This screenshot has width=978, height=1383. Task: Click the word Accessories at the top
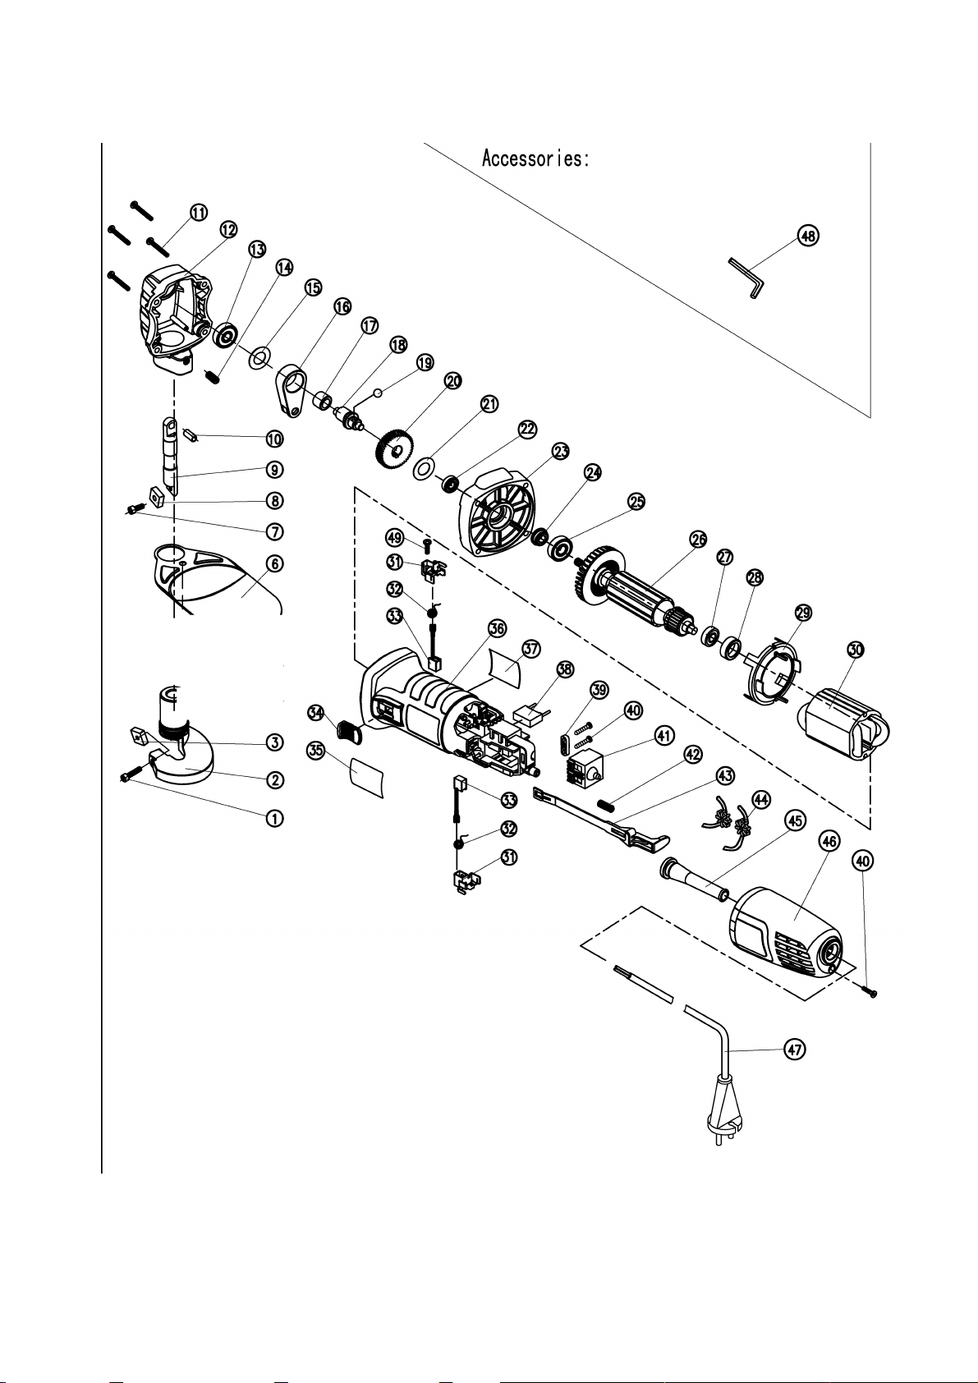(x=535, y=159)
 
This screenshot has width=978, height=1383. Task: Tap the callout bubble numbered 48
(x=808, y=235)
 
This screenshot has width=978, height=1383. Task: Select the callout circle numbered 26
(x=698, y=539)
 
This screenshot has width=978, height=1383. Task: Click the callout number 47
(x=795, y=1049)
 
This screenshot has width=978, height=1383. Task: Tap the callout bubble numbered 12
(x=228, y=230)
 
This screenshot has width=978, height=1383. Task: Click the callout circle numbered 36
(x=497, y=628)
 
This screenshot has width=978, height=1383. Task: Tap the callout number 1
(x=274, y=819)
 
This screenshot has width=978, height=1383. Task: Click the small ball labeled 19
(x=378, y=392)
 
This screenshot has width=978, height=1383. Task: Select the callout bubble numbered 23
(x=561, y=452)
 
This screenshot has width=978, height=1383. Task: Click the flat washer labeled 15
(x=260, y=357)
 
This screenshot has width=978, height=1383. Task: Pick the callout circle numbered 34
(x=316, y=713)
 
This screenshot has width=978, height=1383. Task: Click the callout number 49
(x=394, y=537)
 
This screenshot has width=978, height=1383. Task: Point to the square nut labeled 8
(x=155, y=495)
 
